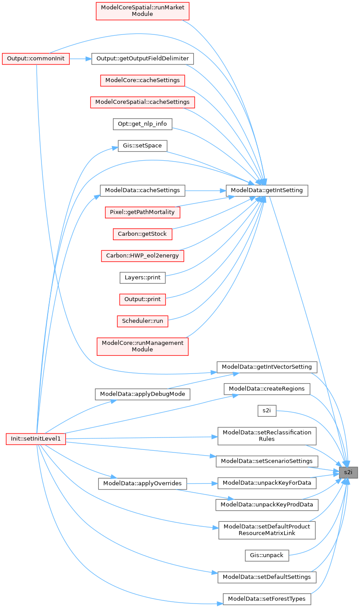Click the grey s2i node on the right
click(x=348, y=472)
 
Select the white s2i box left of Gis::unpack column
click(x=266, y=411)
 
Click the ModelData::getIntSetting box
click(x=266, y=190)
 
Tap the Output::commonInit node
click(x=36, y=59)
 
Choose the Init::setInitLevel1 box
click(x=36, y=439)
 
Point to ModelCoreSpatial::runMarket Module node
click(x=142, y=11)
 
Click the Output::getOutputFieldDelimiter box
click(x=142, y=59)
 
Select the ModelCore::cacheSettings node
click(x=142, y=80)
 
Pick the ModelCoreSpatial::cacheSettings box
click(x=142, y=102)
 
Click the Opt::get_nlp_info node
click(x=142, y=124)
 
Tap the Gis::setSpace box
click(x=142, y=146)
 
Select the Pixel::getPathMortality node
click(x=142, y=212)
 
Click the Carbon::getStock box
click(x=142, y=234)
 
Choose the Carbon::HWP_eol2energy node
click(x=142, y=256)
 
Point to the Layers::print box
click(x=142, y=278)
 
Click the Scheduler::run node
click(x=142, y=321)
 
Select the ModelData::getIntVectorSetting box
click(x=266, y=367)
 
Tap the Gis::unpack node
click(x=266, y=555)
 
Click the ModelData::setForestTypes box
click(x=266, y=599)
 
